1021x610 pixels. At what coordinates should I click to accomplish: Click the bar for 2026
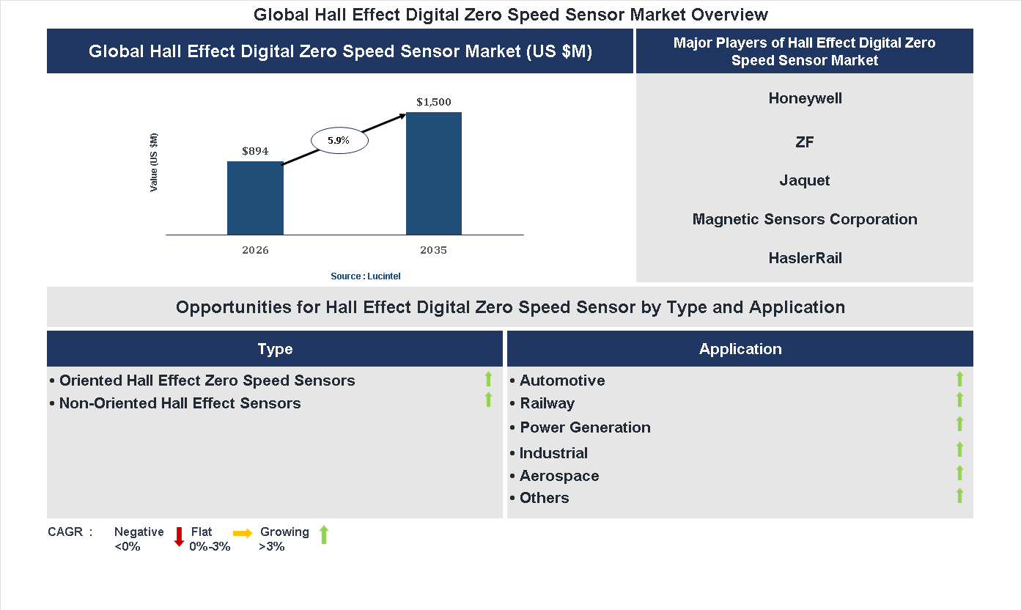pyautogui.click(x=255, y=198)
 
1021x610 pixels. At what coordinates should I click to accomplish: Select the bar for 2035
pyautogui.click(x=434, y=174)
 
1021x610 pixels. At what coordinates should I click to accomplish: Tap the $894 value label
pyautogui.click(x=255, y=151)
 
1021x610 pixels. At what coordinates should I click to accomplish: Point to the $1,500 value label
pyautogui.click(x=434, y=102)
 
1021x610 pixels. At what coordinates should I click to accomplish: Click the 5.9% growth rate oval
pyautogui.click(x=339, y=140)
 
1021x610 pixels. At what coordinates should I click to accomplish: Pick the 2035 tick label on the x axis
pyautogui.click(x=434, y=250)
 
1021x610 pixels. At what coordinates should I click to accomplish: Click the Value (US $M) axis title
pyautogui.click(x=154, y=163)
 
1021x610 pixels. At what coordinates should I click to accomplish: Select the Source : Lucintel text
pyautogui.click(x=366, y=276)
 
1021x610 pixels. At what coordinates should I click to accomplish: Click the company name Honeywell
pyautogui.click(x=805, y=98)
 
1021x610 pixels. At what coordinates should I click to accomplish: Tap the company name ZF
pyautogui.click(x=805, y=142)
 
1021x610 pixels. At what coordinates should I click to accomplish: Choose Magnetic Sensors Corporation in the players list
pyautogui.click(x=805, y=219)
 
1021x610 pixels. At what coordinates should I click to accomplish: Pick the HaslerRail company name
pyautogui.click(x=805, y=258)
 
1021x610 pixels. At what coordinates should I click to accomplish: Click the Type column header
pyautogui.click(x=275, y=349)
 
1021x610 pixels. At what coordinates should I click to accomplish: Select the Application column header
pyautogui.click(x=740, y=349)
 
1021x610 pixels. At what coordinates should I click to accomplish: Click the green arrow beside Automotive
pyautogui.click(x=959, y=379)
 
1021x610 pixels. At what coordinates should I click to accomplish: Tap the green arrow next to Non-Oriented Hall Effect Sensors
pyautogui.click(x=488, y=400)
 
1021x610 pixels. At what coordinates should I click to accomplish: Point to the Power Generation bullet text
pyautogui.click(x=585, y=427)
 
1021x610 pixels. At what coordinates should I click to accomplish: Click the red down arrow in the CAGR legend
pyautogui.click(x=179, y=537)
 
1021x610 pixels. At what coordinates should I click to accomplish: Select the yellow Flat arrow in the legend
pyautogui.click(x=243, y=533)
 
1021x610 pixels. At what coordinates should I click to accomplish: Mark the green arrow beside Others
pyautogui.click(x=959, y=496)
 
